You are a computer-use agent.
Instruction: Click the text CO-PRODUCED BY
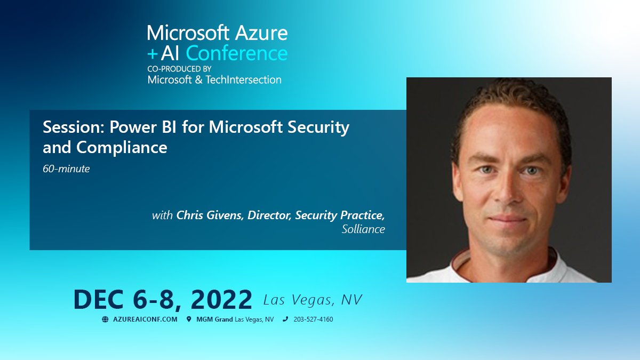[179, 69]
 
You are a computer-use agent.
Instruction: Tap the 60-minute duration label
[66, 170]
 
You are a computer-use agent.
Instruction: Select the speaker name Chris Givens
[209, 215]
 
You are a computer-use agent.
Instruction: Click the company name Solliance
[363, 229]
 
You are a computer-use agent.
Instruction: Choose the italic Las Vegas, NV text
[313, 300]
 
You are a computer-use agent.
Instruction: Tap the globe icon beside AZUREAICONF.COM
[105, 319]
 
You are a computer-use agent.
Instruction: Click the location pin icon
[189, 319]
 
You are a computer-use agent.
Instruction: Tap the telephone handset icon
[285, 319]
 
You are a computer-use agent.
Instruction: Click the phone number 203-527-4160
[313, 319]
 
